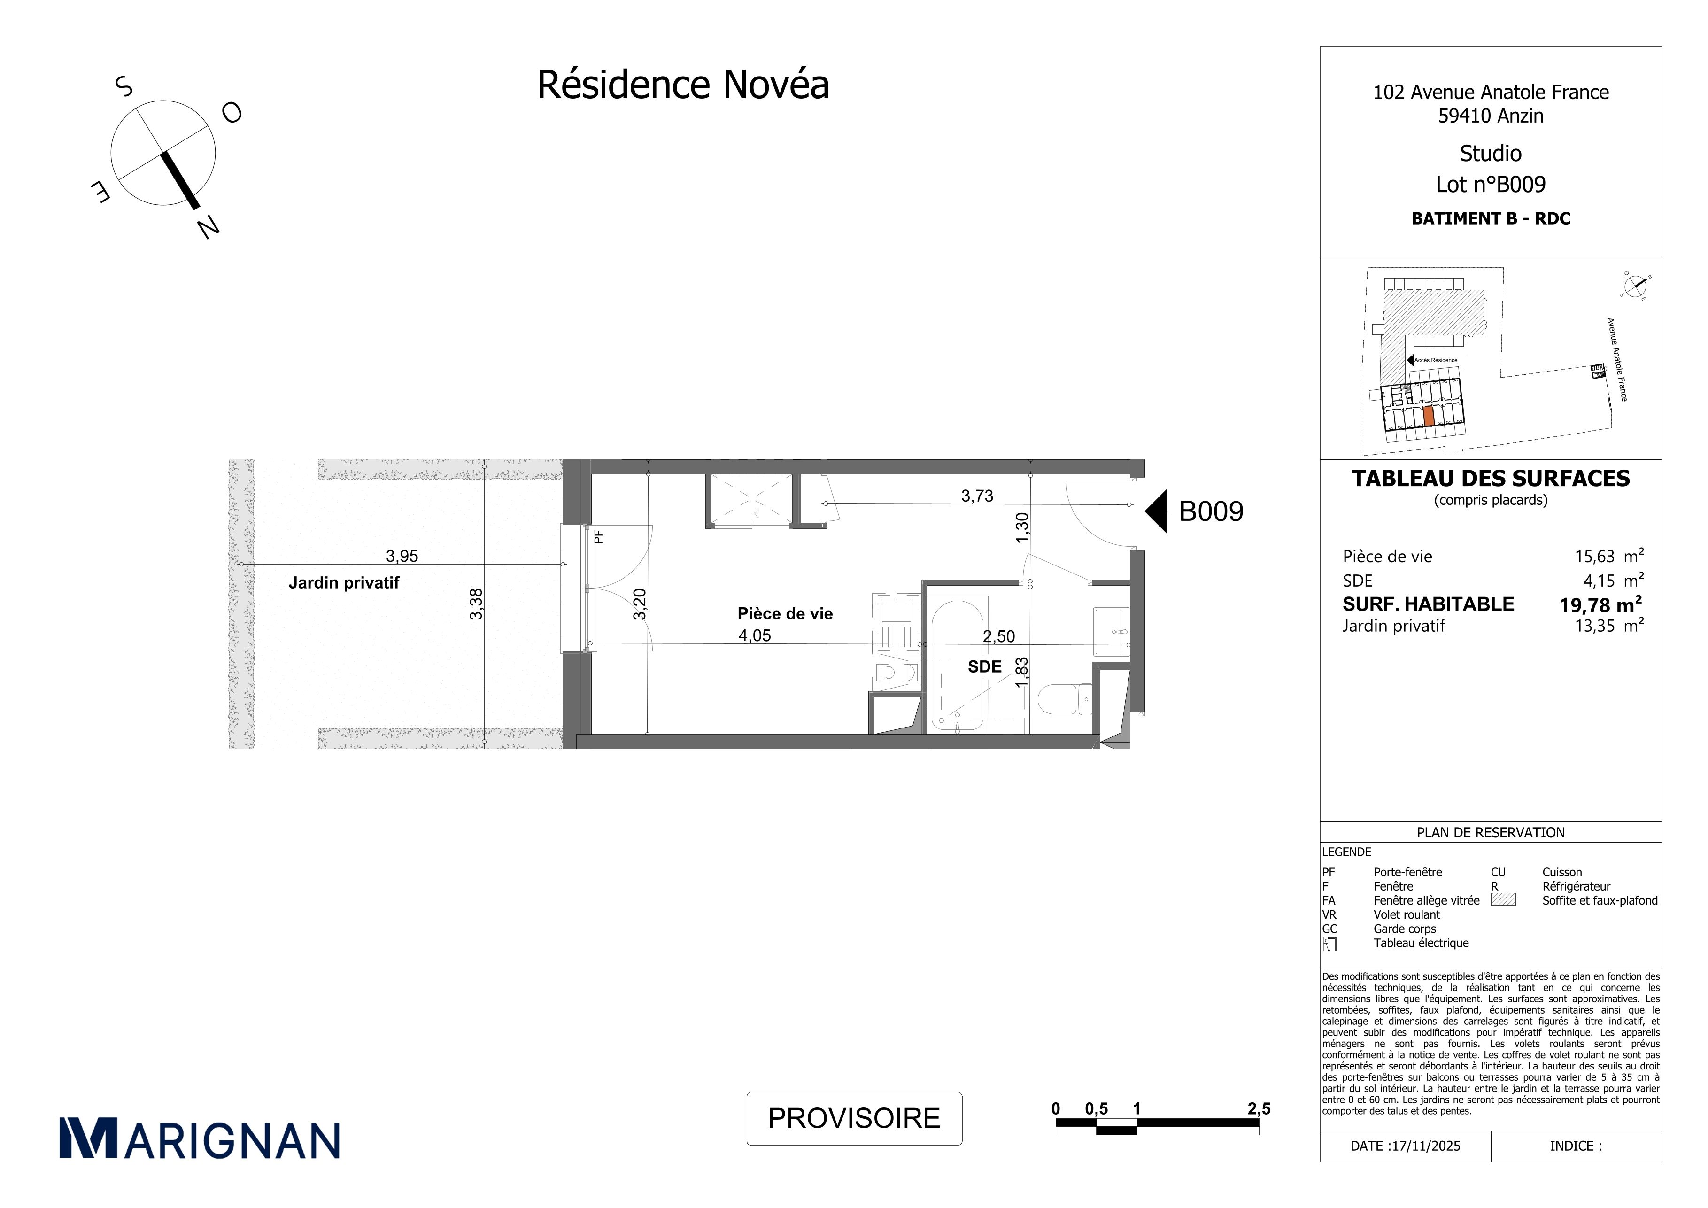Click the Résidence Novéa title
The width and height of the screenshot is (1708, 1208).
pos(683,85)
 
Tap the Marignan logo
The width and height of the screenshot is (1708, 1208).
pos(200,1138)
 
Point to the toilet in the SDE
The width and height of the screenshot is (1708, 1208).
pos(1064,700)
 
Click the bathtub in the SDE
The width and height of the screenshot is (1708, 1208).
pos(958,664)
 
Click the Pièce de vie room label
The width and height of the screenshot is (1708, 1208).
pos(785,614)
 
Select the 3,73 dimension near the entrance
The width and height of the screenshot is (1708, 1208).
pos(977,496)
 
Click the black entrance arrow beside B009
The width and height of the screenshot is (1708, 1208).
pos(1156,511)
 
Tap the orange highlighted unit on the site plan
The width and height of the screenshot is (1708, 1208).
pos(1428,417)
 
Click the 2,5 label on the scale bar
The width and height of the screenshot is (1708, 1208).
pos(1259,1109)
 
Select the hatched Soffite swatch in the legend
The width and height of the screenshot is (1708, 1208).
pos(1503,899)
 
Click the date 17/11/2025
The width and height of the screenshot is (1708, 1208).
pos(1424,1146)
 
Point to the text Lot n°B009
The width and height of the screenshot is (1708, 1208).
pos(1491,185)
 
